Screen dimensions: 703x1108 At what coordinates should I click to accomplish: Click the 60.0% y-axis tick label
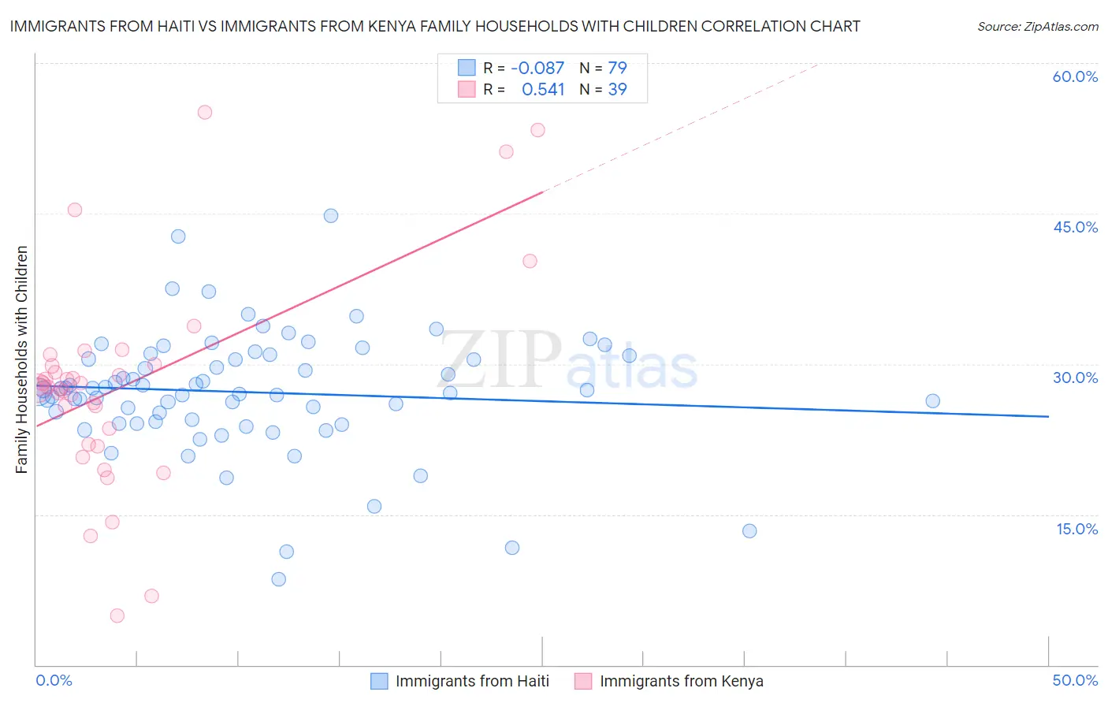(1075, 76)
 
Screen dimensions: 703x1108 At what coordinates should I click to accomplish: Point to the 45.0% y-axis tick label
(1075, 227)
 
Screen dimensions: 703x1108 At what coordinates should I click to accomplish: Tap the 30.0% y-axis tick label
(1075, 378)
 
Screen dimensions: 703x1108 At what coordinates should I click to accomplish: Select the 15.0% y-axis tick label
(1076, 529)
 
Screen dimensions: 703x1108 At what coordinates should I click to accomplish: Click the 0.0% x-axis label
(54, 680)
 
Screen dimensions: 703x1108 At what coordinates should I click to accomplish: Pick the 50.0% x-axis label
(1075, 680)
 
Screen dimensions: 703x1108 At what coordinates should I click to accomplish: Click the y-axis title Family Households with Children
(22, 359)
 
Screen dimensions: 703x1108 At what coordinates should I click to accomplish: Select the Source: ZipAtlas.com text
(1037, 26)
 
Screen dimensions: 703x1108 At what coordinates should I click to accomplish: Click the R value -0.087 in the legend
(537, 68)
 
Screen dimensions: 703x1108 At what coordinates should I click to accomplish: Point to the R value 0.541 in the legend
(543, 89)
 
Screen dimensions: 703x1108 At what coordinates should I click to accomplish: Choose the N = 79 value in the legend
(603, 68)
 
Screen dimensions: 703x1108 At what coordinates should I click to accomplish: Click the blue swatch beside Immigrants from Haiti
(379, 681)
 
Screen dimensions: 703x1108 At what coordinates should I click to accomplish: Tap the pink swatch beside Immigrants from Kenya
(583, 681)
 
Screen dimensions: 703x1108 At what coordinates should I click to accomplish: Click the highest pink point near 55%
(205, 112)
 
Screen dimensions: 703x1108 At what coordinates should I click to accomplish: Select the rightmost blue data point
(932, 401)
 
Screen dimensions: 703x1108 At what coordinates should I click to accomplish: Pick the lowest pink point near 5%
(117, 616)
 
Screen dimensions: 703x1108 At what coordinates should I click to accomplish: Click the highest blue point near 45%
(331, 216)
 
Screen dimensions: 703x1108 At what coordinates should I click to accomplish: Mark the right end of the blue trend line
(1048, 416)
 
